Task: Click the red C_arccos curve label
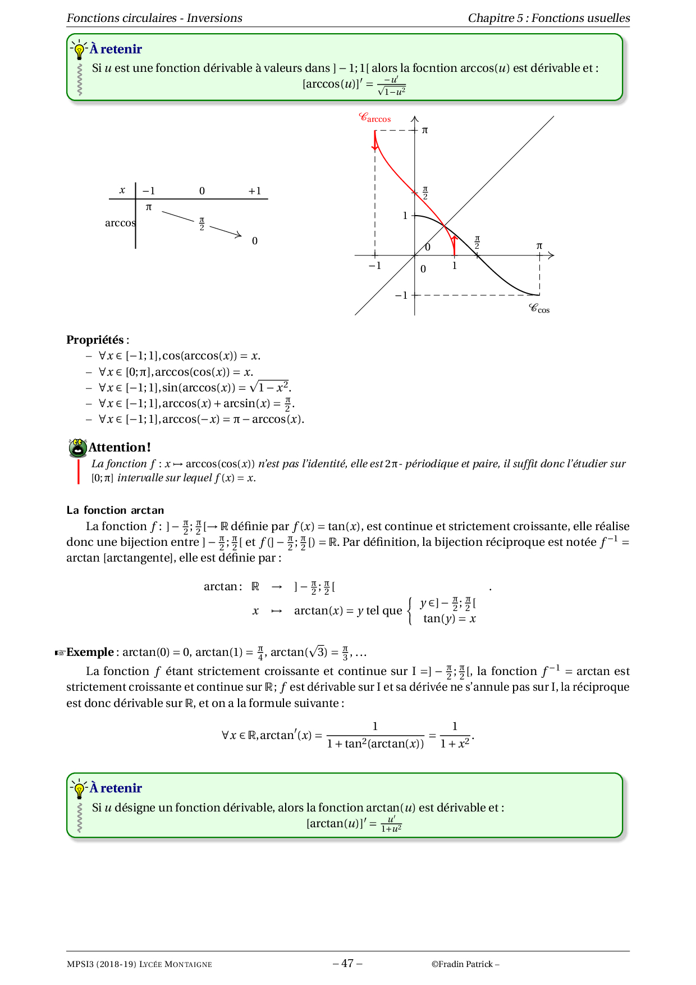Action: (374, 118)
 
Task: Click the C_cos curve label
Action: (539, 308)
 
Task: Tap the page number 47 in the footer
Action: (347, 964)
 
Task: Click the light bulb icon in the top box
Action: (79, 50)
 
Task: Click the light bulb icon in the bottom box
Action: (79, 789)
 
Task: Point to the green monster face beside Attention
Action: (77, 448)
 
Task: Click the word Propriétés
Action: (95, 340)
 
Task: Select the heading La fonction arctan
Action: (115, 510)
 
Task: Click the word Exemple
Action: (90, 653)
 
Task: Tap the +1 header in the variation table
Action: (255, 191)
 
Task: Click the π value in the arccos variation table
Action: (149, 207)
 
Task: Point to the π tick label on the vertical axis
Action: (425, 130)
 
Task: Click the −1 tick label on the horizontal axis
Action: (374, 266)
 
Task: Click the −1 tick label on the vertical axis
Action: (401, 295)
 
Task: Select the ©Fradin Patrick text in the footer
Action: (464, 964)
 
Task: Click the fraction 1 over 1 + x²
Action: (455, 735)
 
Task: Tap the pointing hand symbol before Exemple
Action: (59, 653)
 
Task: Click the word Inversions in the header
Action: (214, 18)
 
